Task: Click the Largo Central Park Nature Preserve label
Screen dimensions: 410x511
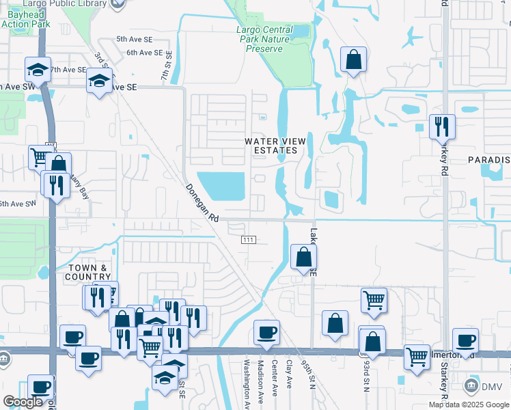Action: [264, 39]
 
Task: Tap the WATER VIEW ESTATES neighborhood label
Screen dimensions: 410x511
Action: [276, 146]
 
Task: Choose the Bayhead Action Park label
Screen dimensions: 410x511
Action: [25, 19]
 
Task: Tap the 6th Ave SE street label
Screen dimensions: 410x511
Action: [145, 52]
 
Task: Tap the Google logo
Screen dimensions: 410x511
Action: [23, 401]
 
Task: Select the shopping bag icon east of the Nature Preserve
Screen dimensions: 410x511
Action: [353, 60]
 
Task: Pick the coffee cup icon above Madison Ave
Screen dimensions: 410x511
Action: [266, 333]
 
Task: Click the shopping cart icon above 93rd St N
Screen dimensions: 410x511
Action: [374, 299]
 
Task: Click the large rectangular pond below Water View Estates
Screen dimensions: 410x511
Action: [225, 186]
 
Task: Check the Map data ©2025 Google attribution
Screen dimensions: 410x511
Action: [469, 405]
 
